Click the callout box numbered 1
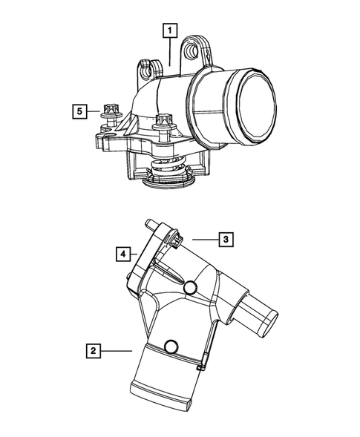tap(171, 30)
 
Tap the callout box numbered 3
tap(225, 239)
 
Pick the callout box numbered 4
tap(123, 254)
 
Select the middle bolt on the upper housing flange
tap(163, 121)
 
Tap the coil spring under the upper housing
tap(169, 173)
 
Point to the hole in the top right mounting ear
tap(200, 48)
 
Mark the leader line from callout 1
tap(171, 52)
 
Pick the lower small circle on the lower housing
tap(171, 345)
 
